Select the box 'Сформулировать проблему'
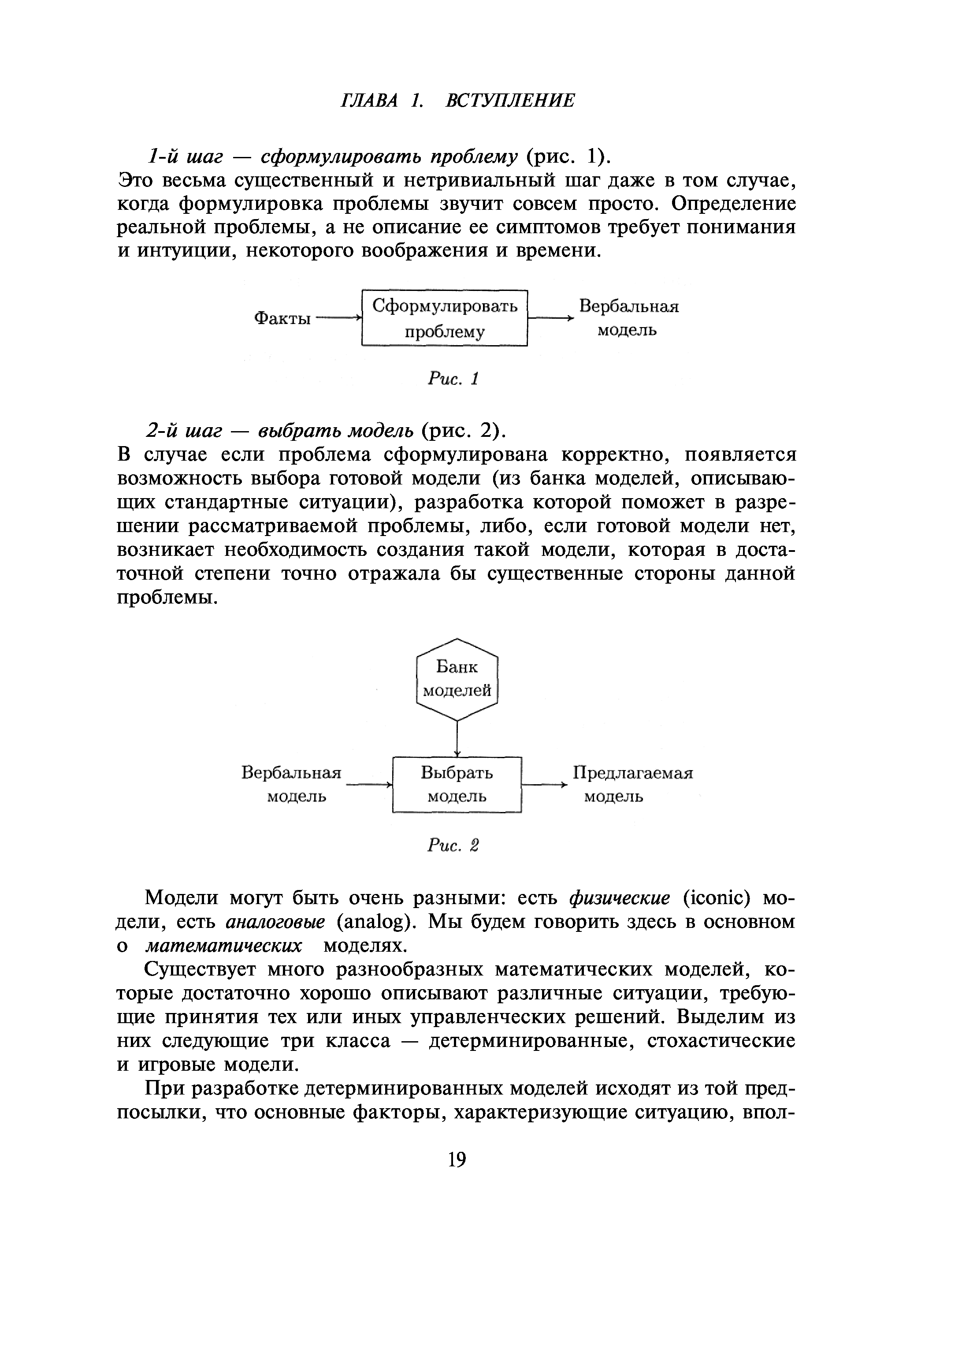click(444, 318)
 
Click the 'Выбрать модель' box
click(457, 785)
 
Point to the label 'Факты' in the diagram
click(282, 319)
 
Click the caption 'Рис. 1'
click(453, 379)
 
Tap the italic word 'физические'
click(620, 898)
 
